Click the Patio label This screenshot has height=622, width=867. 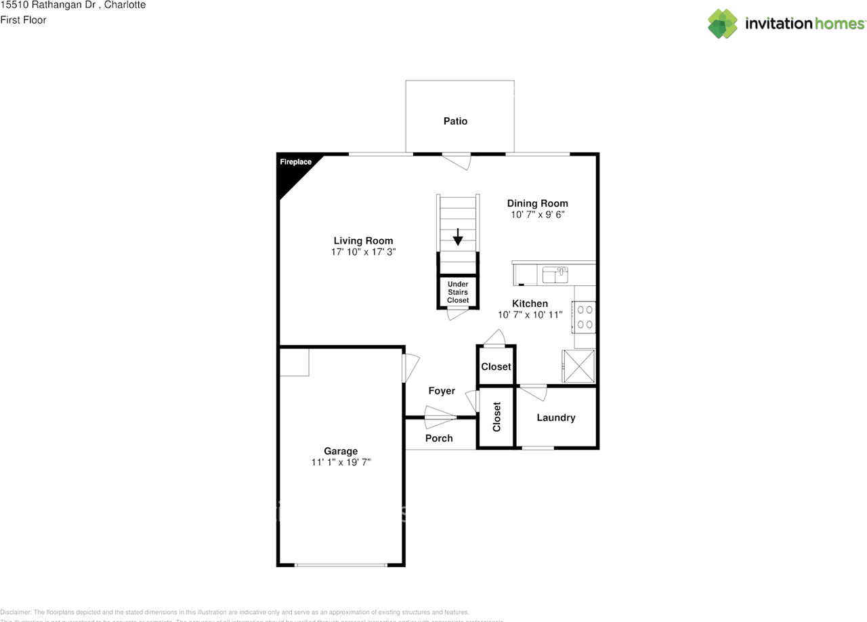pyautogui.click(x=455, y=121)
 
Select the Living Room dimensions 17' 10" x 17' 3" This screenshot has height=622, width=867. pyautogui.click(x=363, y=251)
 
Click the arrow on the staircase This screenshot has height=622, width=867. pyautogui.click(x=458, y=236)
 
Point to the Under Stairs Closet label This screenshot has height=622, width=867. pyautogui.click(x=458, y=292)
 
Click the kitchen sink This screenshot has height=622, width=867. pyautogui.click(x=555, y=274)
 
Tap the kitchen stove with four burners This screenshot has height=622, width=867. pyautogui.click(x=585, y=317)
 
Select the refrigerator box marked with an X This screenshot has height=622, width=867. pyautogui.click(x=579, y=367)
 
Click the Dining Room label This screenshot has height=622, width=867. pyautogui.click(x=538, y=203)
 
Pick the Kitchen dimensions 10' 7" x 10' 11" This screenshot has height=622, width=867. pyautogui.click(x=530, y=314)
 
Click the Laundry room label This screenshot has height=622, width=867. pyautogui.click(x=556, y=417)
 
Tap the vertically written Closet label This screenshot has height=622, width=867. pyautogui.click(x=496, y=417)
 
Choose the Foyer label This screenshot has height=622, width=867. pyautogui.click(x=442, y=391)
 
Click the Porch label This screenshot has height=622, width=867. pyautogui.click(x=439, y=438)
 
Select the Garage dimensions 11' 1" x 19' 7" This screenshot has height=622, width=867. pyautogui.click(x=341, y=462)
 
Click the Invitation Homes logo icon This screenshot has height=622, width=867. pyautogui.click(x=723, y=24)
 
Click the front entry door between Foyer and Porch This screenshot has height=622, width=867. pyautogui.click(x=440, y=417)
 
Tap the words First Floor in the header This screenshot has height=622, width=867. pyautogui.click(x=23, y=20)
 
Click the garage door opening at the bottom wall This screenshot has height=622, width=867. pyautogui.click(x=341, y=564)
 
